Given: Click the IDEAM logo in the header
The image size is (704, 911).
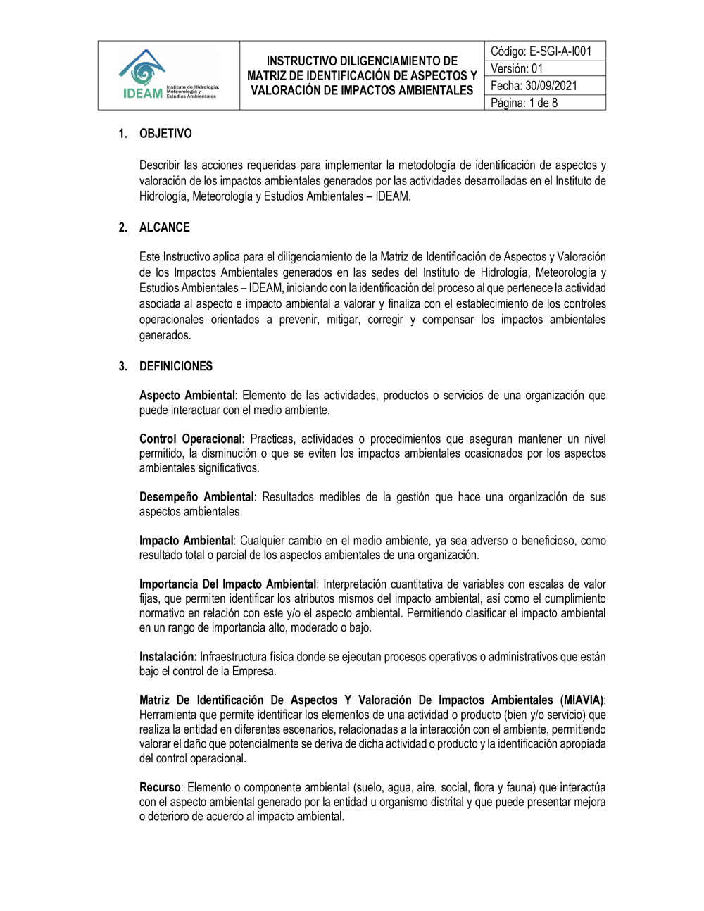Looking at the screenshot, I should click(168, 75).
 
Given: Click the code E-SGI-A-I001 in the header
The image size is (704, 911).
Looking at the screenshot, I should click(560, 51).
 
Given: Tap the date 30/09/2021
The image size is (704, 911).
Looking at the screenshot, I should click(551, 86).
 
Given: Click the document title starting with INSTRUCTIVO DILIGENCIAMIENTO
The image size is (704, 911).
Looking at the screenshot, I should click(362, 75).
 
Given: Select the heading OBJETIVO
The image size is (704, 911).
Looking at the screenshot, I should click(165, 134).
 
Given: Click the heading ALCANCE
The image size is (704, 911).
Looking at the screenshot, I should click(165, 227).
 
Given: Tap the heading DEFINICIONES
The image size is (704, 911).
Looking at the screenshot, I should click(176, 366).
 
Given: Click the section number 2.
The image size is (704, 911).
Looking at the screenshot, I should click(122, 227).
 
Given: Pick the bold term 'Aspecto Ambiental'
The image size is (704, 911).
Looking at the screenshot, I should click(187, 396).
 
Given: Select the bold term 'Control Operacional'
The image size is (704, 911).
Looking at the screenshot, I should click(190, 439).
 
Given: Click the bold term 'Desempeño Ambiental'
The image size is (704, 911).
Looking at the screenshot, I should click(196, 497).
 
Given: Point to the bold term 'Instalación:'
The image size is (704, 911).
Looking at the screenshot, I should click(168, 657).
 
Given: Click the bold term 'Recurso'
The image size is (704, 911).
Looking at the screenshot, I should click(160, 788).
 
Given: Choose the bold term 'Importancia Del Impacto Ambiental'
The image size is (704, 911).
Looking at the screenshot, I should click(227, 584).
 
